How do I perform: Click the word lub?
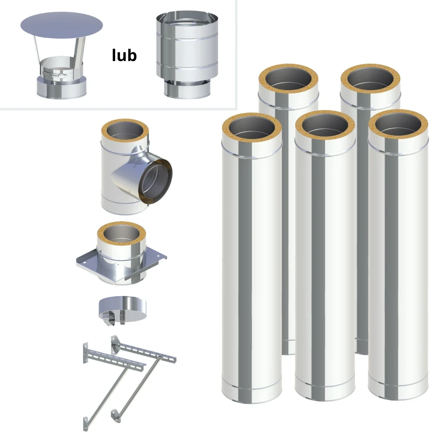point(124,55)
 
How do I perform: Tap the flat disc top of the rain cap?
point(61,25)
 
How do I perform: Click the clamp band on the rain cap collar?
point(55,74)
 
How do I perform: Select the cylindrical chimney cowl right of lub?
point(187,55)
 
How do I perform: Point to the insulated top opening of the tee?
point(125,132)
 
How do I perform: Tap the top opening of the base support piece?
point(122,234)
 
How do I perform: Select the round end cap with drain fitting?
point(123,310)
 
